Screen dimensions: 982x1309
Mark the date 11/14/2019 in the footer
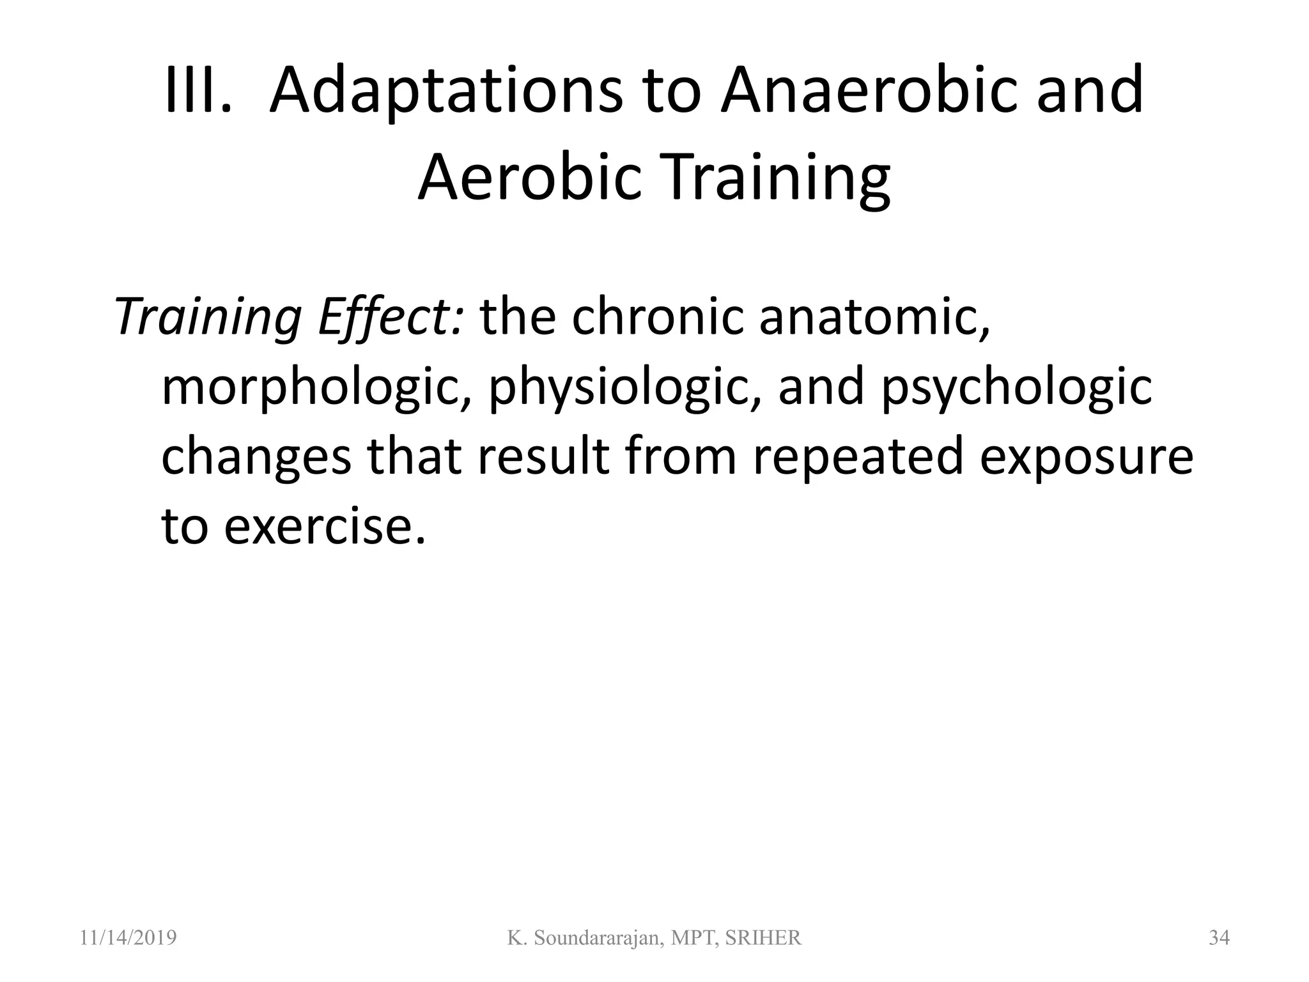click(x=128, y=938)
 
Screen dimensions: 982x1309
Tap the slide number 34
click(x=1219, y=938)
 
